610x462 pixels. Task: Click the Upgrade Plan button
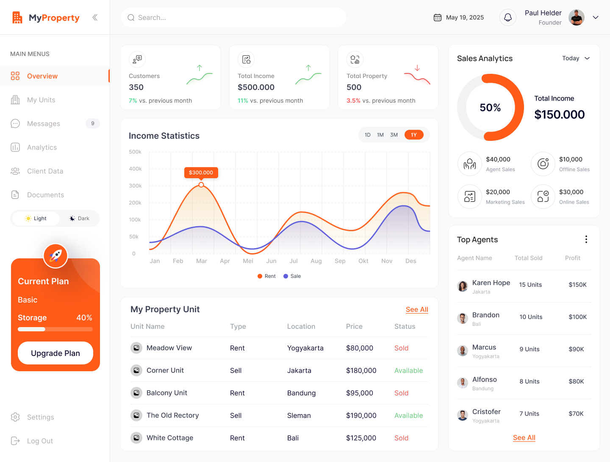(x=55, y=353)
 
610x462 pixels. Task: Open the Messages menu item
(x=44, y=123)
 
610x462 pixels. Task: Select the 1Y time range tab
(x=414, y=135)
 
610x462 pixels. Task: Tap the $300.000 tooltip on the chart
(x=201, y=173)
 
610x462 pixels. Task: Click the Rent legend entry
(x=266, y=276)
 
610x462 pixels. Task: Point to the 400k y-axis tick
(x=135, y=169)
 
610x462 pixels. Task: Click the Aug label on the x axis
(x=316, y=261)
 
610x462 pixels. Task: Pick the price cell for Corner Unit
(x=361, y=370)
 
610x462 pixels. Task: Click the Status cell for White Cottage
(x=401, y=438)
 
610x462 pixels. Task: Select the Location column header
(x=301, y=326)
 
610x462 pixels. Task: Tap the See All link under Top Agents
(x=524, y=437)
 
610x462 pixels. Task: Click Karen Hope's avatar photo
(x=463, y=286)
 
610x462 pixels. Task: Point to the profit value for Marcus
(x=576, y=349)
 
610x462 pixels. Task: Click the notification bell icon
(x=507, y=17)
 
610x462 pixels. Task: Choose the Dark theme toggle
(x=79, y=218)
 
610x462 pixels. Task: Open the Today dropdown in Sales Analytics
(x=576, y=58)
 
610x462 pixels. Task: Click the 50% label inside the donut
(x=490, y=108)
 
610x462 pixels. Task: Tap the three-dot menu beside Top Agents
(x=586, y=239)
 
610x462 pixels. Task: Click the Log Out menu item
(x=40, y=441)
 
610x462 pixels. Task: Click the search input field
(x=233, y=17)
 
